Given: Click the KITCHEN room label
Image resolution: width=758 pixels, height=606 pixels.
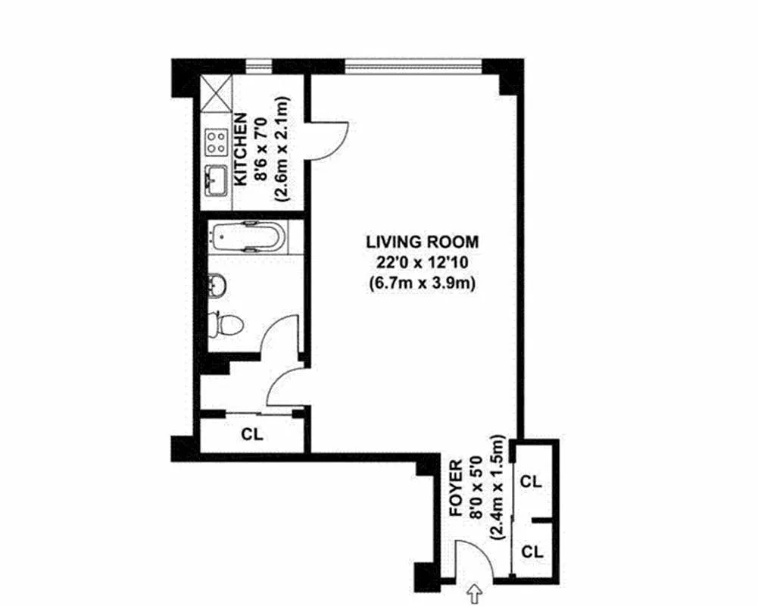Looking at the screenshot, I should pyautogui.click(x=240, y=150).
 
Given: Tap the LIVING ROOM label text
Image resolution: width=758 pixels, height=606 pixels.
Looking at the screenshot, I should pyautogui.click(x=422, y=242).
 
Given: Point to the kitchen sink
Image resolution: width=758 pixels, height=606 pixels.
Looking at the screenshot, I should pyautogui.click(x=216, y=180).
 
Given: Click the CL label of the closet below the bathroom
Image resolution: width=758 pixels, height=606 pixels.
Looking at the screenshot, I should pyautogui.click(x=252, y=435).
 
